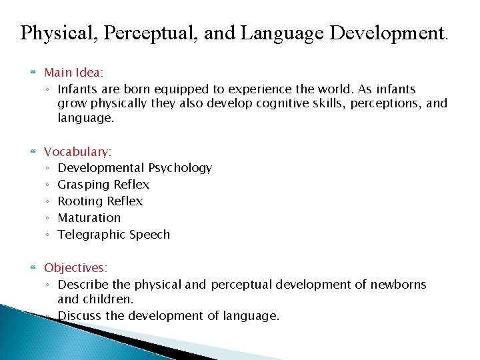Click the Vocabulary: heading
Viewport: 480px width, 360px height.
pyautogui.click(x=77, y=151)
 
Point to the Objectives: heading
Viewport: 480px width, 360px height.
pyautogui.click(x=75, y=267)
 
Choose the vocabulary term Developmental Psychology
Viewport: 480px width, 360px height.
pyautogui.click(x=135, y=168)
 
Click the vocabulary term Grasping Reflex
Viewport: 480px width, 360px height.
pyautogui.click(x=103, y=185)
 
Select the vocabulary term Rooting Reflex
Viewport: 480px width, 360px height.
pyautogui.click(x=100, y=201)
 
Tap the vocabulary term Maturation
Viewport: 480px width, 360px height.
pyautogui.click(x=89, y=218)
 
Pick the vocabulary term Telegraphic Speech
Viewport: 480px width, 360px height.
pyautogui.click(x=113, y=235)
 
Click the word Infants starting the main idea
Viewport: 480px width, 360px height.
pyautogui.click(x=78, y=89)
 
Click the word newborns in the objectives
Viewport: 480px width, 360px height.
pyautogui.click(x=398, y=285)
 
